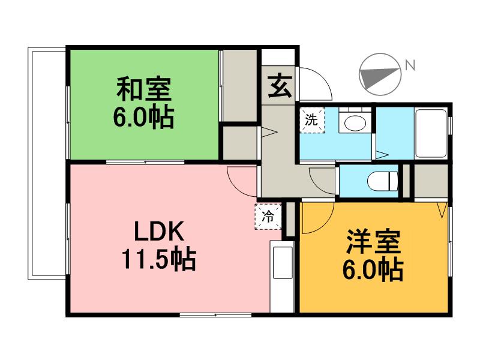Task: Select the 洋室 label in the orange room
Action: click(373, 244)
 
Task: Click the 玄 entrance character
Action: click(278, 85)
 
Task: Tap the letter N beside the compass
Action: click(410, 65)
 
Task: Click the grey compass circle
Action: click(380, 75)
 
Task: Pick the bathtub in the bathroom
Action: click(430, 133)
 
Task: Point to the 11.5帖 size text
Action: click(158, 260)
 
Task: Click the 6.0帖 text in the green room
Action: click(144, 117)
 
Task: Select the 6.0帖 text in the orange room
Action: click(373, 271)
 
